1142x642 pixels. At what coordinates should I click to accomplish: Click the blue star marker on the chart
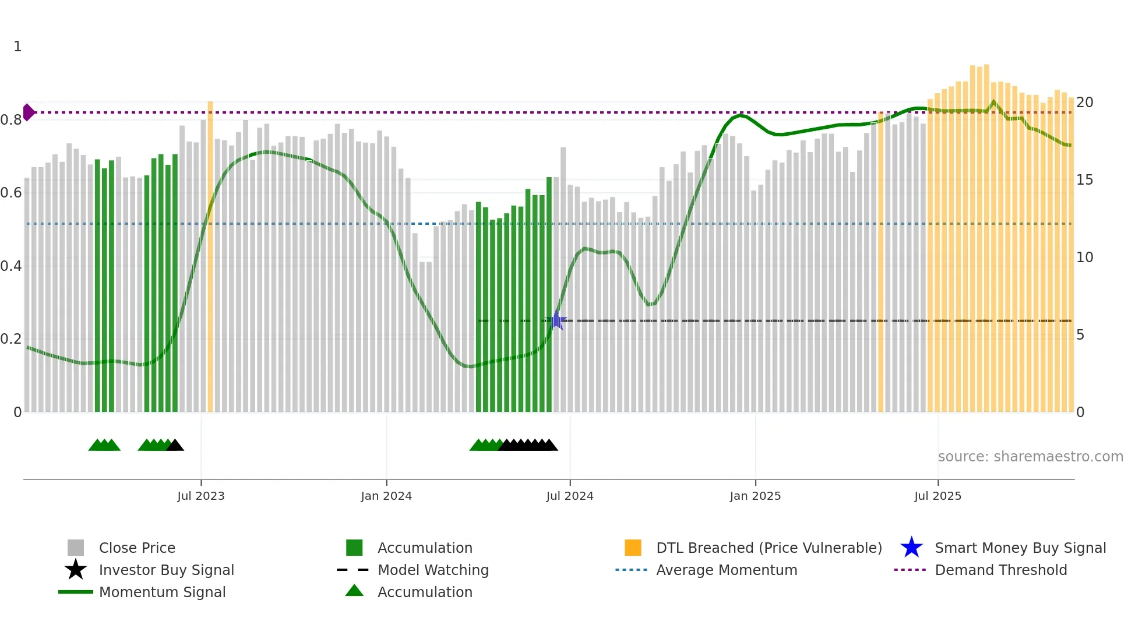[x=557, y=320]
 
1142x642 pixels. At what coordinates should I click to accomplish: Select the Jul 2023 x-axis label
[x=201, y=496]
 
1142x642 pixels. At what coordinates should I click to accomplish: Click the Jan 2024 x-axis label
[x=386, y=496]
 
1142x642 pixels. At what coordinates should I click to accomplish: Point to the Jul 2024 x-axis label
[x=570, y=496]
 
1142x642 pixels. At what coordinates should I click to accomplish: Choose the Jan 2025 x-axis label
[x=755, y=496]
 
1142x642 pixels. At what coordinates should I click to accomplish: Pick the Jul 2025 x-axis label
[x=938, y=496]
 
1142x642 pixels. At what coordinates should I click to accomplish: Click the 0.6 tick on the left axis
[x=11, y=193]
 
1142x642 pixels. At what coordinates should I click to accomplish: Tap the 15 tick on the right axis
[x=1084, y=180]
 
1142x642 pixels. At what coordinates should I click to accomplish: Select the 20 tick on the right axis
[x=1084, y=103]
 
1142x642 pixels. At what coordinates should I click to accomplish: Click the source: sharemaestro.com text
[x=1030, y=457]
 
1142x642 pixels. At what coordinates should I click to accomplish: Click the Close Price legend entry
[x=137, y=548]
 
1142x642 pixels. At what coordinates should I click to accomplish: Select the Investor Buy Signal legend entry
[x=166, y=570]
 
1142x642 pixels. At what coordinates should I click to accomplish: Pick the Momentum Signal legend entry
[x=162, y=592]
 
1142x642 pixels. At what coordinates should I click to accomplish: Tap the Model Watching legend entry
[x=433, y=570]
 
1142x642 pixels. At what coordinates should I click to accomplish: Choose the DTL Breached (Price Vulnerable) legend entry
[x=769, y=548]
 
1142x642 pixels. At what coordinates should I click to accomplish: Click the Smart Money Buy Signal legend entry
[x=1020, y=548]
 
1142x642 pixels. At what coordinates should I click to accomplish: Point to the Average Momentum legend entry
[x=727, y=570]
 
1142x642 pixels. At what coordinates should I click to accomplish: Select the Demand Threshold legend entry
[x=1000, y=570]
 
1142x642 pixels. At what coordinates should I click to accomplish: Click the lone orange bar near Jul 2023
[x=210, y=256]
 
